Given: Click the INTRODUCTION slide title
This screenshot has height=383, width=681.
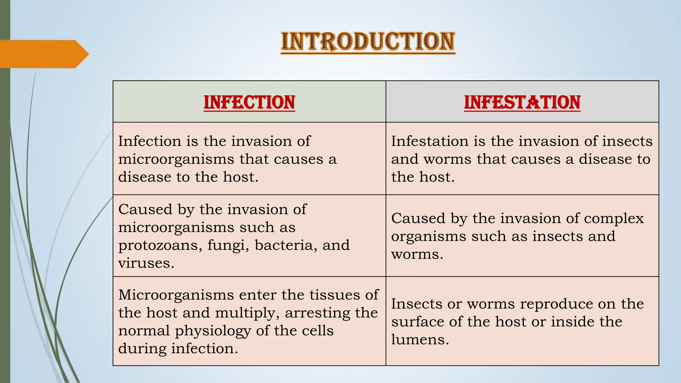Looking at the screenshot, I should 368,42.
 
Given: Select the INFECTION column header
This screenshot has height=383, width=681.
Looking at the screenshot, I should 249,102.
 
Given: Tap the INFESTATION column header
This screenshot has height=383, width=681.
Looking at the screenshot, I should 522,102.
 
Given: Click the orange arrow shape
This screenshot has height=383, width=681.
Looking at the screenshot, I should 43,54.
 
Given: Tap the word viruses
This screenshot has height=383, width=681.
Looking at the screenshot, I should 146,263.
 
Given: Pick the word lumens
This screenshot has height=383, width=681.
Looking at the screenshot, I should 420,340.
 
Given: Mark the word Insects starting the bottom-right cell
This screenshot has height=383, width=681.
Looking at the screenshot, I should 412,304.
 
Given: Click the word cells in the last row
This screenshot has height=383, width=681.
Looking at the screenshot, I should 318,331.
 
